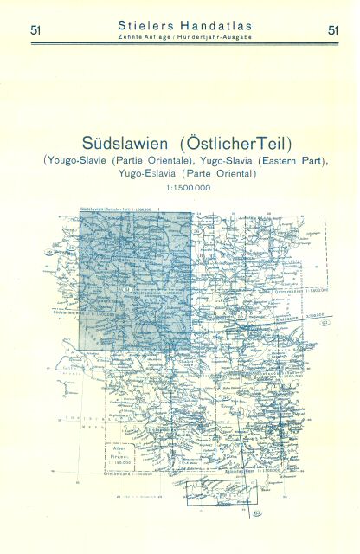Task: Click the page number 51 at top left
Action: tap(33, 31)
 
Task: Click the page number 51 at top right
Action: tap(333, 31)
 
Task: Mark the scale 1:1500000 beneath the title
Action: tap(180, 188)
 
